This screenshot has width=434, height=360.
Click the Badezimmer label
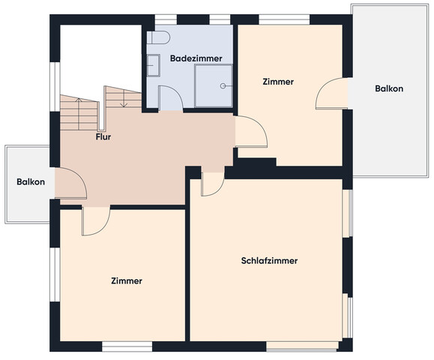[x=196, y=58]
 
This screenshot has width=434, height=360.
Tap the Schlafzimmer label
[x=269, y=260]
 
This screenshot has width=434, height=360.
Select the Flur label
[x=103, y=136]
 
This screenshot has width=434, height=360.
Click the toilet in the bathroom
[x=158, y=37]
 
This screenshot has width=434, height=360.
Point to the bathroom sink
[x=154, y=65]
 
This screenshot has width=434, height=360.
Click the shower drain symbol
[x=223, y=85]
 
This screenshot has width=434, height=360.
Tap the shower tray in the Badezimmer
[x=214, y=85]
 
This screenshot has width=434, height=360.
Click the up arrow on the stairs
[x=79, y=114]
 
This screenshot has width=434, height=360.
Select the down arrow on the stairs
[x=124, y=98]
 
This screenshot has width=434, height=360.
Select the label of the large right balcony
[x=389, y=88]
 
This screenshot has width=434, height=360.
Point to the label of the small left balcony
[x=31, y=182]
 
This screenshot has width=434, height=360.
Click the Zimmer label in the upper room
[x=278, y=82]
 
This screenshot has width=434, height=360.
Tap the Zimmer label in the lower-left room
[x=127, y=280]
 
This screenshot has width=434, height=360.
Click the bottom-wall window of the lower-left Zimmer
[x=127, y=346]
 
